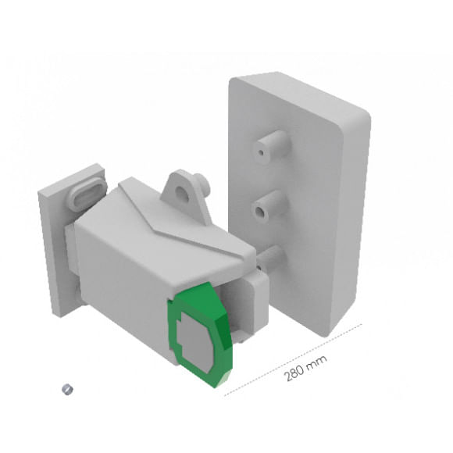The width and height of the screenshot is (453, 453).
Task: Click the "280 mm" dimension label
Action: tap(305, 368)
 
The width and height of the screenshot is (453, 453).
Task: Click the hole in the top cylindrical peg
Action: tap(261, 152)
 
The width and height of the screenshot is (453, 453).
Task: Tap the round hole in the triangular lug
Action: tap(181, 192)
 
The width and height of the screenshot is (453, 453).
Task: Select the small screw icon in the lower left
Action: tap(67, 390)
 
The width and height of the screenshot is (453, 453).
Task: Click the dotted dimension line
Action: tap(293, 359)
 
